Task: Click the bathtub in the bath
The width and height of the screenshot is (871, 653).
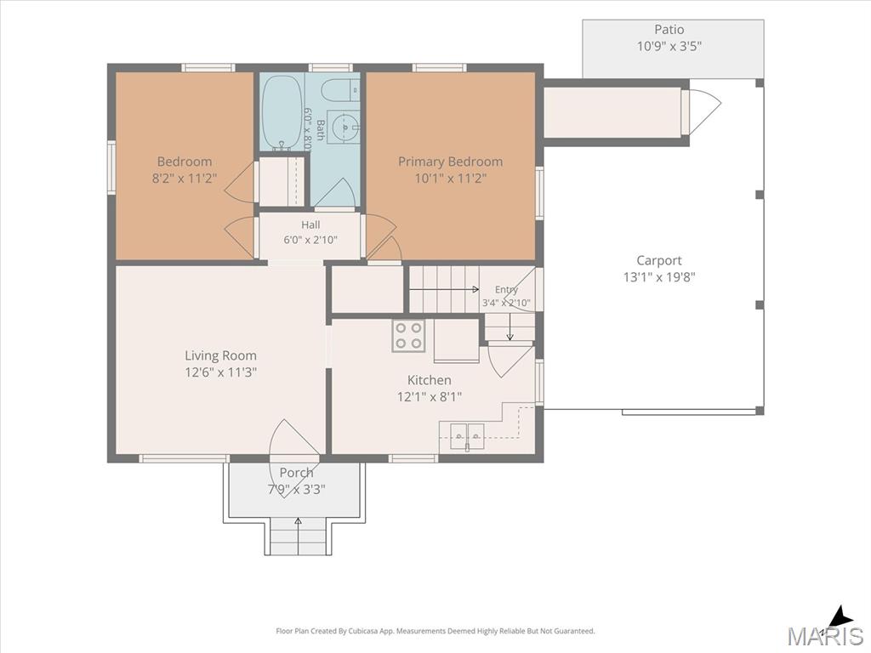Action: point(282,112)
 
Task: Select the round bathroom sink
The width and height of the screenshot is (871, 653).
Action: point(344,128)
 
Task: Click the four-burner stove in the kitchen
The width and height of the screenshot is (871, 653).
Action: point(408,335)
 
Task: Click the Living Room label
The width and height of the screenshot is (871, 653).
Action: point(220,355)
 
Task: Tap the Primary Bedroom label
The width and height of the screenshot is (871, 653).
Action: point(451,162)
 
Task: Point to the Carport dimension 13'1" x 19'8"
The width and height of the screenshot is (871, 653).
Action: point(659,276)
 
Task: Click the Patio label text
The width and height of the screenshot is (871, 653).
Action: point(669,29)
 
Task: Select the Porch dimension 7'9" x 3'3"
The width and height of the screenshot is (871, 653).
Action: point(296,489)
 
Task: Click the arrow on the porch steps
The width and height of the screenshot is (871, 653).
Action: point(299,536)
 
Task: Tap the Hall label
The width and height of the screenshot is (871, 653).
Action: point(310,224)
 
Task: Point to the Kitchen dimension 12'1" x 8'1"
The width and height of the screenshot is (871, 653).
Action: point(430,397)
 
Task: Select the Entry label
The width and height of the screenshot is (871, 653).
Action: point(506,289)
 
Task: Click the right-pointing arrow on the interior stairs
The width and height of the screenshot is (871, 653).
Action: point(444,289)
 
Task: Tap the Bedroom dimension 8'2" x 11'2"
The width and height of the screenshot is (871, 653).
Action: point(185,179)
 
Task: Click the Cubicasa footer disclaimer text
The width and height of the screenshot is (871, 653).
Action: point(435,631)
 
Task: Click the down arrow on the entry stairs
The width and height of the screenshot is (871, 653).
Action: point(510,327)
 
